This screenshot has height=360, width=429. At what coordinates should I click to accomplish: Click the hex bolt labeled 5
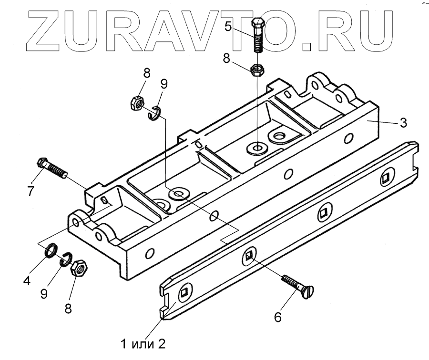click(x=257, y=36)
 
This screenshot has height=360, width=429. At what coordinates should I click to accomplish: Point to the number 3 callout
click(x=403, y=123)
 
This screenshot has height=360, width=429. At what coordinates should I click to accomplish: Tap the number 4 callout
click(x=27, y=281)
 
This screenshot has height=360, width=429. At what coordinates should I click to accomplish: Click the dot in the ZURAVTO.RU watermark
click(x=306, y=46)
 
